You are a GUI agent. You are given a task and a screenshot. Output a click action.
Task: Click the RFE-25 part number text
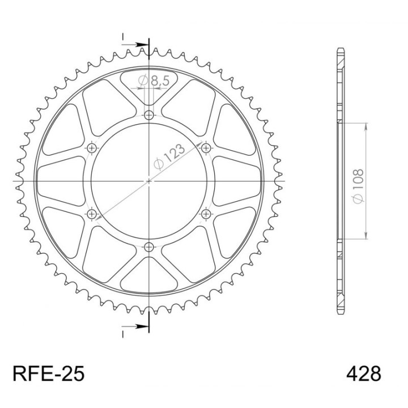coord(49,373)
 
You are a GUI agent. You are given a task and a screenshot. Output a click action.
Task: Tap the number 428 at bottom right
coord(363,373)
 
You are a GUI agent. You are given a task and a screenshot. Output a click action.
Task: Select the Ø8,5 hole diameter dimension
coord(154,81)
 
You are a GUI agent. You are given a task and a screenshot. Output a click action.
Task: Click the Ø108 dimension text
coord(358,186)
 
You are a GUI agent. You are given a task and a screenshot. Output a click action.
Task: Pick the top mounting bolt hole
coord(149,114)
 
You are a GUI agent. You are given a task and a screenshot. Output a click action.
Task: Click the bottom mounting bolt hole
coord(149,246)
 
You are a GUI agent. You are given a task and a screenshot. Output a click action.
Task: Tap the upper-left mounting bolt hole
coord(92,148)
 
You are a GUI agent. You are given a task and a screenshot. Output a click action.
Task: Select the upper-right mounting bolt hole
coord(206,148)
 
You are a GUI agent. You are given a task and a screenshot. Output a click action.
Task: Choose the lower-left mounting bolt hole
coord(92,214)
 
